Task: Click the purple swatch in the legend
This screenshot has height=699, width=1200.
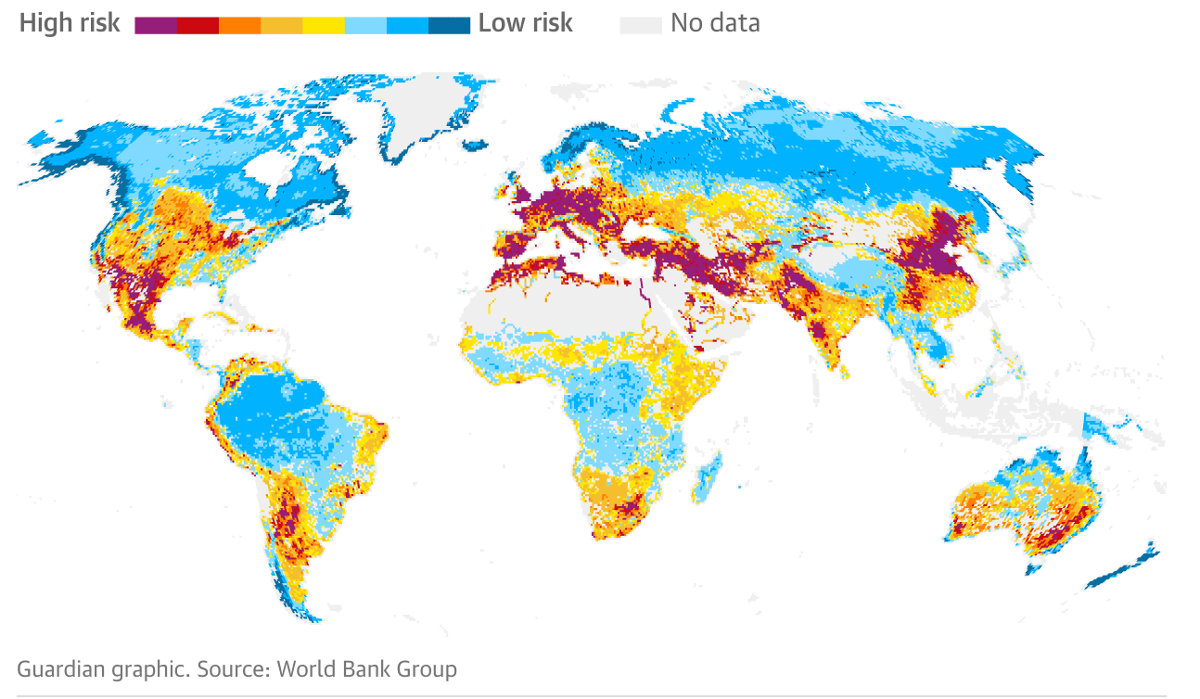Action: point(156,25)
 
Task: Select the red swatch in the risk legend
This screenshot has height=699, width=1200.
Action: point(198,25)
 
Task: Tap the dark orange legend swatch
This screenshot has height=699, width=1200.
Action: point(239,25)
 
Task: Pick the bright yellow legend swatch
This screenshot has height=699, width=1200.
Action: point(323,25)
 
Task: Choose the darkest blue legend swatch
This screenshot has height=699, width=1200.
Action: point(449,25)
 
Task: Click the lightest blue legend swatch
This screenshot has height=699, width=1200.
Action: point(364,25)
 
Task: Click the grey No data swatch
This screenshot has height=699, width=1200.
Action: point(641,25)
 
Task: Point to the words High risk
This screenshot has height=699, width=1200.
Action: point(70,23)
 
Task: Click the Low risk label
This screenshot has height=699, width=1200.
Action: point(525,23)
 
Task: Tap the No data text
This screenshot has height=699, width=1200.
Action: point(715,23)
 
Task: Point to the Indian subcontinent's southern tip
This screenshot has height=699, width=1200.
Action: point(841,371)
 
